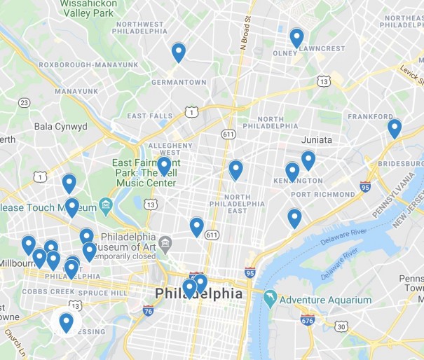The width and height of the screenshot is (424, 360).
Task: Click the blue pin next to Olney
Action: (x=296, y=37)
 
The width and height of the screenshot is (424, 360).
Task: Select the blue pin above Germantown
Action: (x=179, y=52)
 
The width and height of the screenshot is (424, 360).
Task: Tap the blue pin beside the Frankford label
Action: (x=395, y=128)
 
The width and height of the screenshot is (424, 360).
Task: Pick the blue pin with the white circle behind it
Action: (x=66, y=322)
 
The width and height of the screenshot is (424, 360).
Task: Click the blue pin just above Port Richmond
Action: (x=292, y=172)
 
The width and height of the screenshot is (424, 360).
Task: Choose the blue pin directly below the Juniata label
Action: (x=308, y=160)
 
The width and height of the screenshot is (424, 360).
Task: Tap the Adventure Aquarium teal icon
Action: (x=270, y=300)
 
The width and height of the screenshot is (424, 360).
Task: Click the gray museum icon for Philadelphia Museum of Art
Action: (x=165, y=244)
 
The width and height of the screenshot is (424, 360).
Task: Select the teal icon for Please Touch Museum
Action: (x=106, y=205)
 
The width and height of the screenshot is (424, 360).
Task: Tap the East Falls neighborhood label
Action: (x=149, y=116)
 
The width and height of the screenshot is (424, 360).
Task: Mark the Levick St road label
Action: (x=411, y=69)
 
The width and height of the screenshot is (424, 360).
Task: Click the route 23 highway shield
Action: (x=25, y=103)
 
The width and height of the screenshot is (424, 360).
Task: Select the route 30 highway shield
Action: (x=341, y=326)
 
